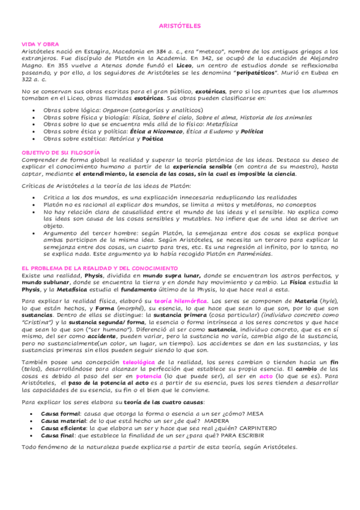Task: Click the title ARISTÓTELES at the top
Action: (x=179, y=26)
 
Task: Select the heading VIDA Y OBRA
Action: (x=35, y=45)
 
